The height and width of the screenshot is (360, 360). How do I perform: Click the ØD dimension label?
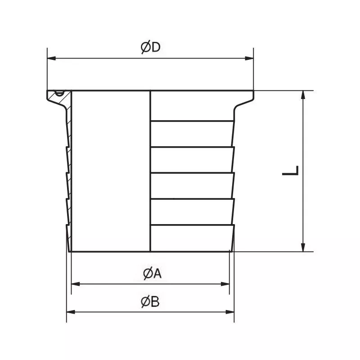(150, 48)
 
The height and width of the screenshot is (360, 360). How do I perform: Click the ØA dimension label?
(152, 274)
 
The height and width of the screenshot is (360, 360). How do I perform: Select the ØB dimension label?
(150, 302)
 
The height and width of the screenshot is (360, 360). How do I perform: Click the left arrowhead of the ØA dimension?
(75, 284)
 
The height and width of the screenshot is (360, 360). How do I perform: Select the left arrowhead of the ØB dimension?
(70, 311)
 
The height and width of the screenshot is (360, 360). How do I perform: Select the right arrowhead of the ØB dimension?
(231, 311)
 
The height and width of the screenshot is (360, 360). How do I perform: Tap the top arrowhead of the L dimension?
(305, 94)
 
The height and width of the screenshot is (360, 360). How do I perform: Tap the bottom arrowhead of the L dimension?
(305, 248)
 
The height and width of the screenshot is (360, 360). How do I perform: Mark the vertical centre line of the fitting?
(150, 171)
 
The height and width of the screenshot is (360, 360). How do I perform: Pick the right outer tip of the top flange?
(253, 91)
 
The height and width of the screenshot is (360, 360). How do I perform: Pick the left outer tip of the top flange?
(47, 92)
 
